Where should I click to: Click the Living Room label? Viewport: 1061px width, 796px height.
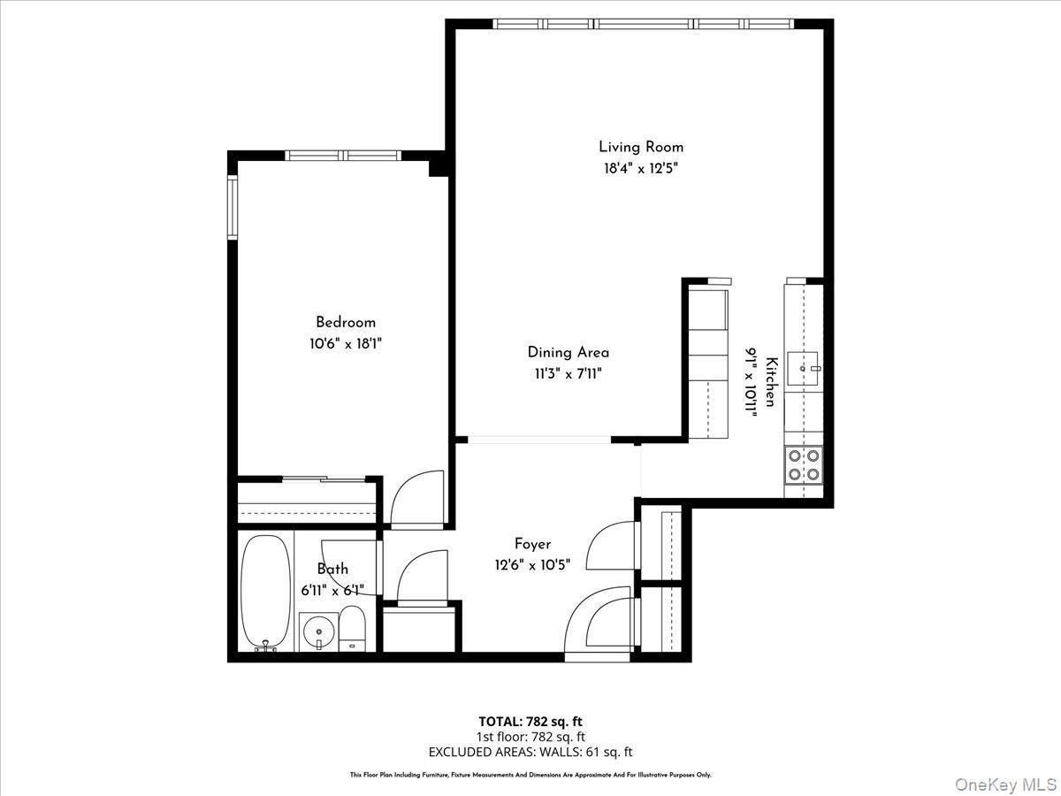point(641,147)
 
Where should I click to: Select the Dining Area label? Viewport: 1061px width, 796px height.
point(568,352)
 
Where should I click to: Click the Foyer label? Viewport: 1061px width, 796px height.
point(532,544)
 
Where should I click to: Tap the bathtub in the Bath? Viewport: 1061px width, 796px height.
point(265,591)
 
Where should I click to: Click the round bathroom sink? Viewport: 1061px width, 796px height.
point(316,631)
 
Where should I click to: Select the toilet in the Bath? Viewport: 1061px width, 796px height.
point(351,629)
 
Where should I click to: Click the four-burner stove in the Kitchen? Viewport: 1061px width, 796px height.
point(803,465)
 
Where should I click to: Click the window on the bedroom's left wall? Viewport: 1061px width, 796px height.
point(233,208)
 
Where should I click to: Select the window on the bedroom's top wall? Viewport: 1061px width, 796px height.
point(344,156)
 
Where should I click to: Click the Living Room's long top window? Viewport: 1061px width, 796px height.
point(644,24)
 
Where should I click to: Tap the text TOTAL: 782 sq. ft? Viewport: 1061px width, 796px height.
point(530,721)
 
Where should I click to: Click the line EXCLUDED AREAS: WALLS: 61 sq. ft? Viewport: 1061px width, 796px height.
point(530,752)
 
